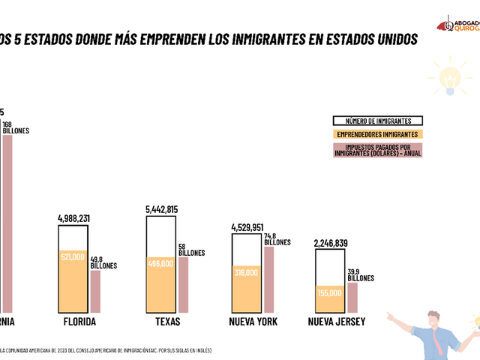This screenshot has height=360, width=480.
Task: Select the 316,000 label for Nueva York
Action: click(247, 272)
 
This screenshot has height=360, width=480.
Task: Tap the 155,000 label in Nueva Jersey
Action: click(330, 293)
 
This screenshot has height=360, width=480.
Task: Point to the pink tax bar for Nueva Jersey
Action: click(352, 297)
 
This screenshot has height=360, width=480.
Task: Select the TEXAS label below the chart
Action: click(166, 322)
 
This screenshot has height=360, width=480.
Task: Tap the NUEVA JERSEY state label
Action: click(336, 322)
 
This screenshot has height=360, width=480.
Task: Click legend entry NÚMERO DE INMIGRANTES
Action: click(378, 121)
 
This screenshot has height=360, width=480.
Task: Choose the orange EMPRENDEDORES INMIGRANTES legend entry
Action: click(378, 133)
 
